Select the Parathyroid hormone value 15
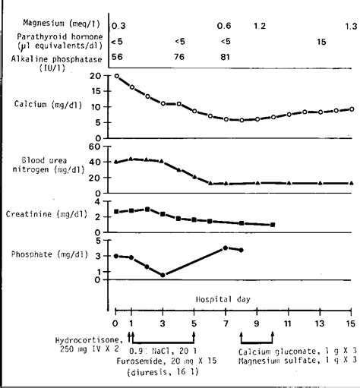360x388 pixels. click(321, 42)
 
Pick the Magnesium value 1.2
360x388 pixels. click(259, 26)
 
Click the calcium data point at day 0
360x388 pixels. click(115, 76)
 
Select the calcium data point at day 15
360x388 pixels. click(350, 109)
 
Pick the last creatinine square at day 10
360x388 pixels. click(272, 225)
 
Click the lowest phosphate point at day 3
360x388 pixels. click(163, 275)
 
